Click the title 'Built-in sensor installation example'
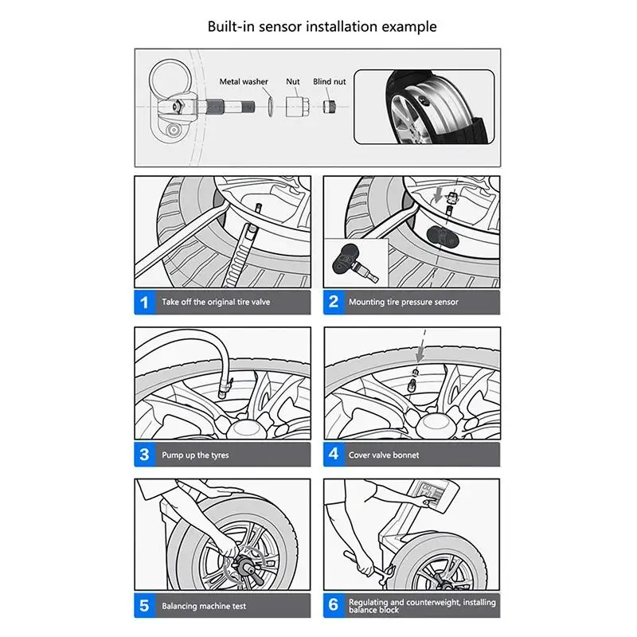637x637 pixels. point(322,26)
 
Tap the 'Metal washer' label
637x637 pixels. point(244,81)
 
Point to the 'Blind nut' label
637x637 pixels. point(329,81)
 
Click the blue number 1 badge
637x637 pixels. point(144,302)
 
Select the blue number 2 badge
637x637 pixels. point(334,302)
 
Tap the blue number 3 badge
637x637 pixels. point(144,455)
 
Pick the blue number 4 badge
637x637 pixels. point(334,455)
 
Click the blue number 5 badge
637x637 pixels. point(144,606)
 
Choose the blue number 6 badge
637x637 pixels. point(334,606)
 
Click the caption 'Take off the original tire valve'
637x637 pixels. point(216,303)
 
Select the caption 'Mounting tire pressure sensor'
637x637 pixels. point(404,303)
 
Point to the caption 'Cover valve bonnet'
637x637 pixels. point(384,455)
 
